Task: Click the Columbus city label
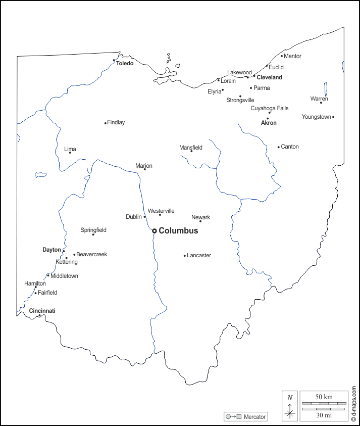pos(178,231)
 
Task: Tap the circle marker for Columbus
pos(155,231)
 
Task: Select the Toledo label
pos(125,64)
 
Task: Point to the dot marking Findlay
pos(105,123)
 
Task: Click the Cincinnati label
pos(42,311)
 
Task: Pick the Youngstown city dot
pos(333,117)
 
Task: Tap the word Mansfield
pos(191,148)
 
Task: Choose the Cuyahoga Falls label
pos(270,108)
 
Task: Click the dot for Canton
pos(278,147)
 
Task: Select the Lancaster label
pos(199,255)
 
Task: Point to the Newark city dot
pos(200,221)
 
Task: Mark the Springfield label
pos(93,230)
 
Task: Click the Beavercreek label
pos(91,254)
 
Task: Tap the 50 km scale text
pos(324,397)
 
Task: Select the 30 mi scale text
pos(324,415)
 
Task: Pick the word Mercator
pos(254,417)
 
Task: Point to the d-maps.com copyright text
pos(353,404)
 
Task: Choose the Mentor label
pos(293,56)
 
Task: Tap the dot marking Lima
pos(70,153)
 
